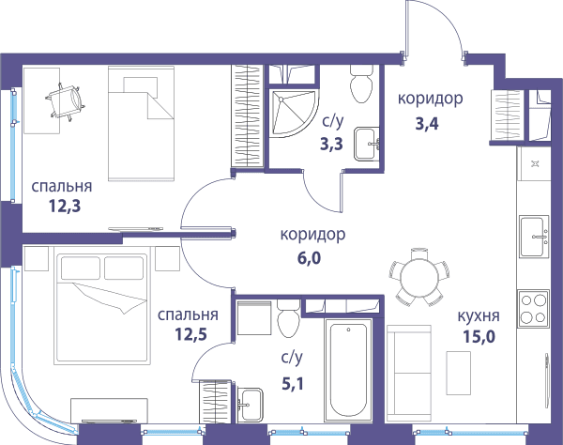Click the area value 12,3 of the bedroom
65,207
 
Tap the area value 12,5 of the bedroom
191,334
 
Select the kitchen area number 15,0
479,336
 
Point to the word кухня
479,316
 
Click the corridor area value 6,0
309,258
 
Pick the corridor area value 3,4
427,124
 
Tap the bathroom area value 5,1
293,384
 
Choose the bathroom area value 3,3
332,144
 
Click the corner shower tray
294,114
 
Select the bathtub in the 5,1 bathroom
348,370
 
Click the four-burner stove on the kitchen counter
533,309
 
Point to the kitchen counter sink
534,236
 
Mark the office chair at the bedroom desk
66,101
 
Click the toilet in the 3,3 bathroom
361,84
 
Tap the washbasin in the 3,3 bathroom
367,144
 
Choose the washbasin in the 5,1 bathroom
250,405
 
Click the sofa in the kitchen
408,373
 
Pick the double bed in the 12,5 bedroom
101,309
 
